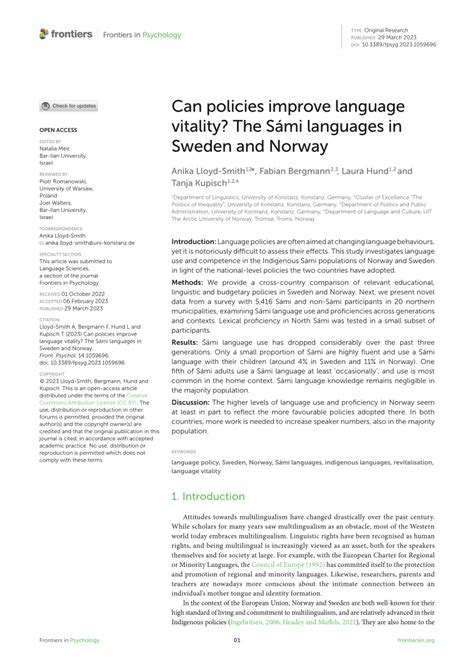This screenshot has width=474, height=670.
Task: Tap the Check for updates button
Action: point(69,105)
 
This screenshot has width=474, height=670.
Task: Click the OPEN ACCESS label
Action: point(59,131)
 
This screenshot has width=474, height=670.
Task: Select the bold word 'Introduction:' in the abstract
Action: point(194,242)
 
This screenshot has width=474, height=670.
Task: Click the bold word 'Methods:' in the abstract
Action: point(189,283)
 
